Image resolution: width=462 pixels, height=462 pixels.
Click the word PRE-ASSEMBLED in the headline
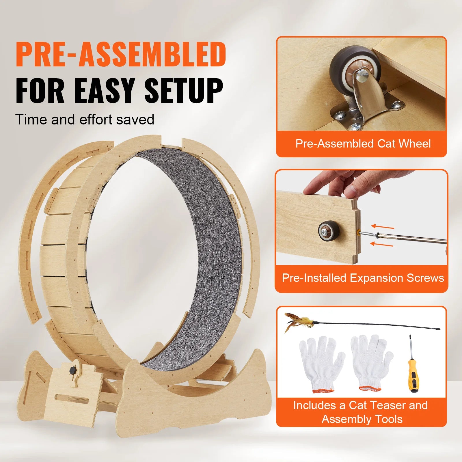121,54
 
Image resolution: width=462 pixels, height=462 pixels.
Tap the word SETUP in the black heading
184,91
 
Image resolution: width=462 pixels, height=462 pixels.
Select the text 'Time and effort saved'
85,120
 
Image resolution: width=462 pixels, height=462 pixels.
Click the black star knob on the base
72,370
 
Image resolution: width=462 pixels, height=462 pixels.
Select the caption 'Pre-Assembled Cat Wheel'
363,144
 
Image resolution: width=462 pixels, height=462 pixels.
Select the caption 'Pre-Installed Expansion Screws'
363,278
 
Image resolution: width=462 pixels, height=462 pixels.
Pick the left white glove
321,364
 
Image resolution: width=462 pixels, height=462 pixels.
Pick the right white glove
371,362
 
